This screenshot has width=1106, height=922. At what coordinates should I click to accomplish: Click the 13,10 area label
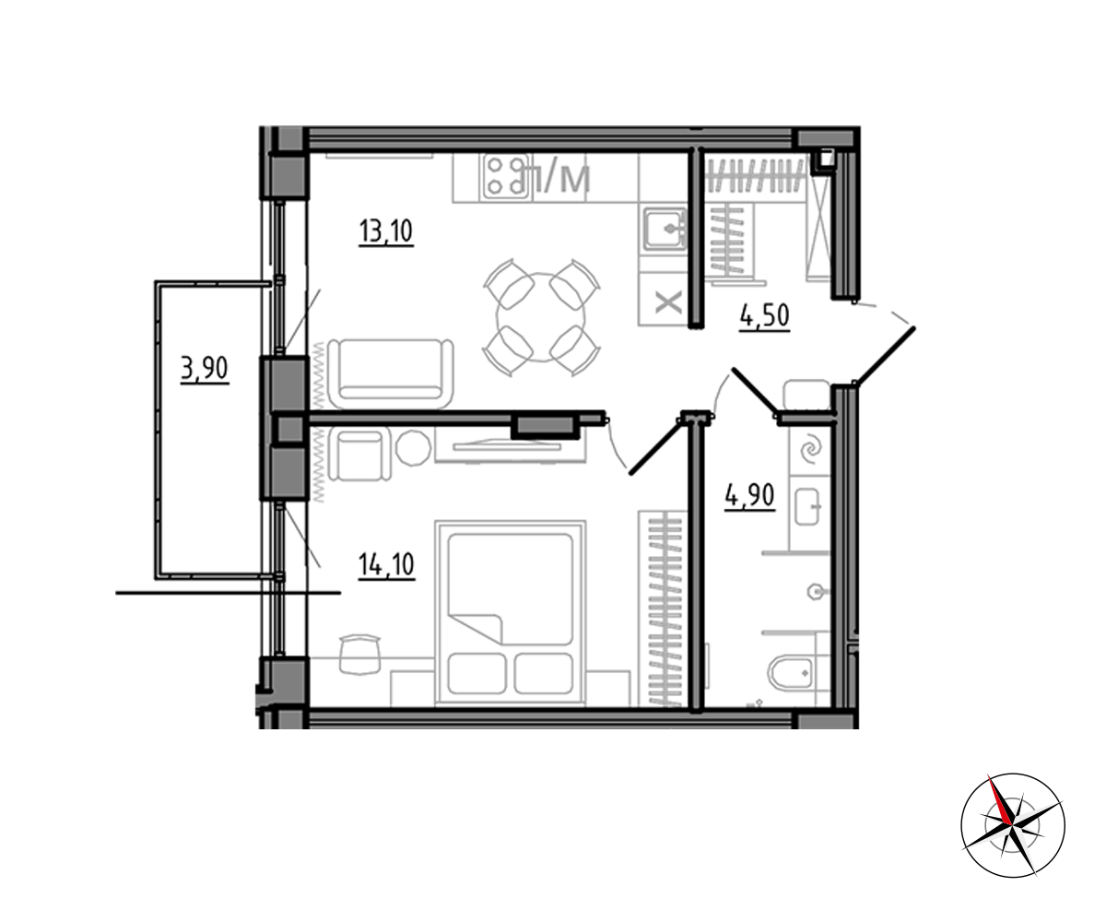[x=386, y=231]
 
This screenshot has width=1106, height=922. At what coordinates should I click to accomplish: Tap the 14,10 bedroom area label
[x=386, y=564]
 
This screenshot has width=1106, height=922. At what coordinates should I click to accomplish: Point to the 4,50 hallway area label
[x=765, y=316]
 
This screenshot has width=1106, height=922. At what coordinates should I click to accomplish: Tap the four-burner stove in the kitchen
[x=505, y=176]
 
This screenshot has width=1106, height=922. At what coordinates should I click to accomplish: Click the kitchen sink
[x=665, y=229]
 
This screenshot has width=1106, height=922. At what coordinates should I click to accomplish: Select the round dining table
[x=541, y=317]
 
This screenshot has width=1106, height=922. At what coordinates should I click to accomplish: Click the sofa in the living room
[x=391, y=373]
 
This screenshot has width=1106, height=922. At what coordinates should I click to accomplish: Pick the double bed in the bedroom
[x=510, y=613]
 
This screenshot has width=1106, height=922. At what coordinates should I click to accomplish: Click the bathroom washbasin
[x=807, y=506]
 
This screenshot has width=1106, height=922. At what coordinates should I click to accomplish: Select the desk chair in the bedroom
[x=360, y=655]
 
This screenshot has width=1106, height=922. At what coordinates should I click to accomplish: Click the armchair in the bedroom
[x=359, y=455]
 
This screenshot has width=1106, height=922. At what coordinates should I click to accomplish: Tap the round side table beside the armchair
[x=413, y=448]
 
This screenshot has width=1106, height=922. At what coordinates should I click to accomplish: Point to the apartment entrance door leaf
[x=885, y=356]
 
